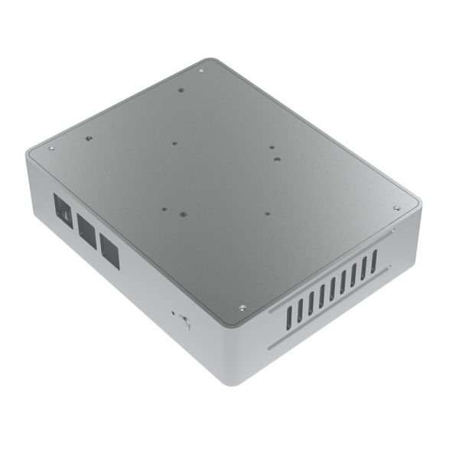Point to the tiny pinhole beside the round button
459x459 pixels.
pos(174,314)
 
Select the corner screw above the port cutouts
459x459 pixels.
pos(51,148)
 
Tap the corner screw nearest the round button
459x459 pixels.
pos(241,308)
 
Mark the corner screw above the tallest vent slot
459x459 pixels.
pos(396,208)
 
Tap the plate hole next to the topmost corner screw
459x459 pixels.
pos(181,90)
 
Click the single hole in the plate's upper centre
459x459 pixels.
pos(175,142)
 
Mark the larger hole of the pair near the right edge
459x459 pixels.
pos(275,161)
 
